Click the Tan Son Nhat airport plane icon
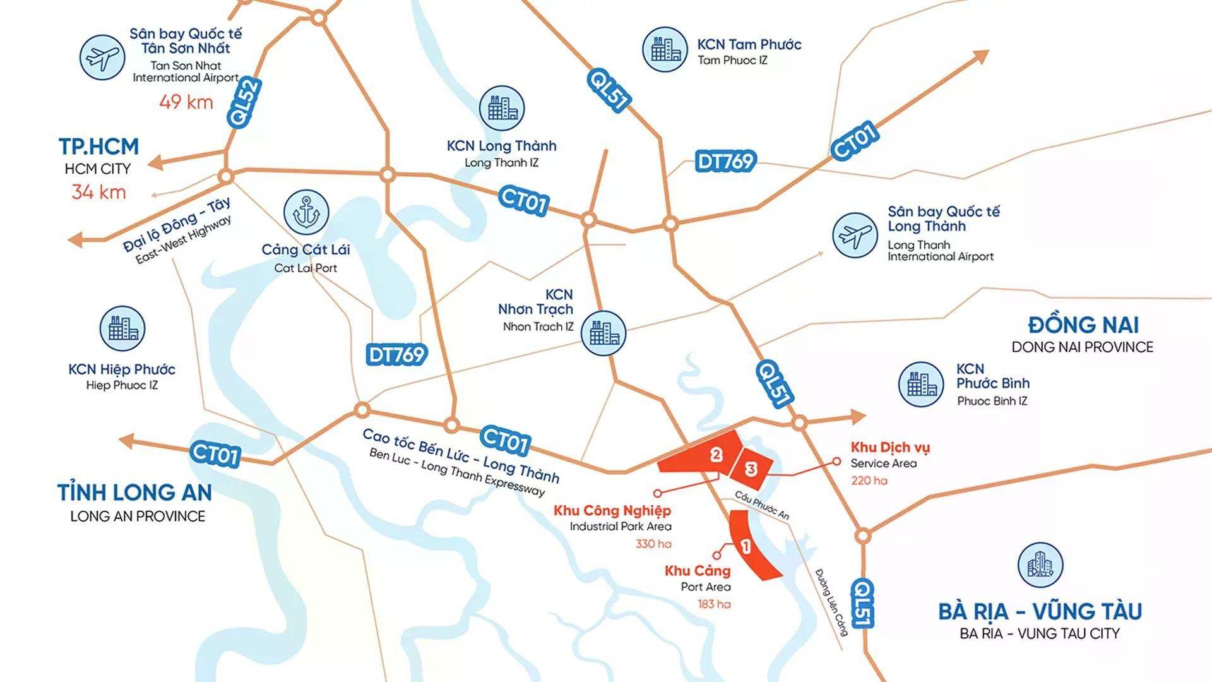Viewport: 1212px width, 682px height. point(102,57)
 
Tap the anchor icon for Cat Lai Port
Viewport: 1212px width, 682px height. point(306,212)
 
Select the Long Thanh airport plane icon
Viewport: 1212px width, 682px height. point(855,235)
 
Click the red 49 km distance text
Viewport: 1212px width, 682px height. point(186,102)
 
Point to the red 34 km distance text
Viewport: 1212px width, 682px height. point(98,192)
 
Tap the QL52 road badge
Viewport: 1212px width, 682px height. point(244,103)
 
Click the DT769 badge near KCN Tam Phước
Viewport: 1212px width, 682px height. point(725,161)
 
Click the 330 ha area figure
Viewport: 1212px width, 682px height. point(653,544)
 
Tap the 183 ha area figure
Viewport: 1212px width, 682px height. point(714,604)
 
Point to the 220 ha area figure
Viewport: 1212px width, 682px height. point(869,481)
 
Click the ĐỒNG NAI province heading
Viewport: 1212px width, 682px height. point(1083,325)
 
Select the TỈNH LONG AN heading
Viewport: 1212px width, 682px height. point(134,492)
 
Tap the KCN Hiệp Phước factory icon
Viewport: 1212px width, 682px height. point(122,329)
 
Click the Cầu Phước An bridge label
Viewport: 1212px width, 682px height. point(762,505)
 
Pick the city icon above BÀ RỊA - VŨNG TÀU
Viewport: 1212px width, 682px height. point(1040,565)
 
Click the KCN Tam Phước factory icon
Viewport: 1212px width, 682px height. point(665,49)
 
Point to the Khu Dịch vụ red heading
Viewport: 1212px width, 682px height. point(889,447)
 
